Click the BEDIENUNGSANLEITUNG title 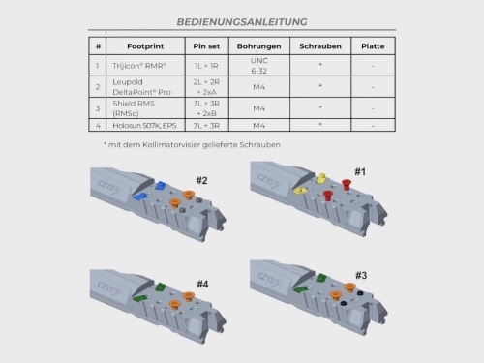(242, 22)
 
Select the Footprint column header (145, 46)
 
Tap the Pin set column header (206, 46)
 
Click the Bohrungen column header (259, 46)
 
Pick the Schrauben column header (320, 46)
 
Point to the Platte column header (373, 46)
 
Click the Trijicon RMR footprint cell (139, 66)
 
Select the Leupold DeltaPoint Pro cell (141, 87)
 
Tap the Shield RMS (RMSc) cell (134, 108)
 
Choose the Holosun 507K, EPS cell (144, 126)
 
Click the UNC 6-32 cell (259, 66)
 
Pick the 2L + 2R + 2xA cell (206, 87)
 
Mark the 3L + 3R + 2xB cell (206, 108)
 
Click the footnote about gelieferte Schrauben (192, 145)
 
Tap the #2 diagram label (201, 180)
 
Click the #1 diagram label (360, 171)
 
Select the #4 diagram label (202, 284)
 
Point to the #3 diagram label (361, 275)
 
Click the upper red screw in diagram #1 (347, 184)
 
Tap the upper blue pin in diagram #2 (160, 185)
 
